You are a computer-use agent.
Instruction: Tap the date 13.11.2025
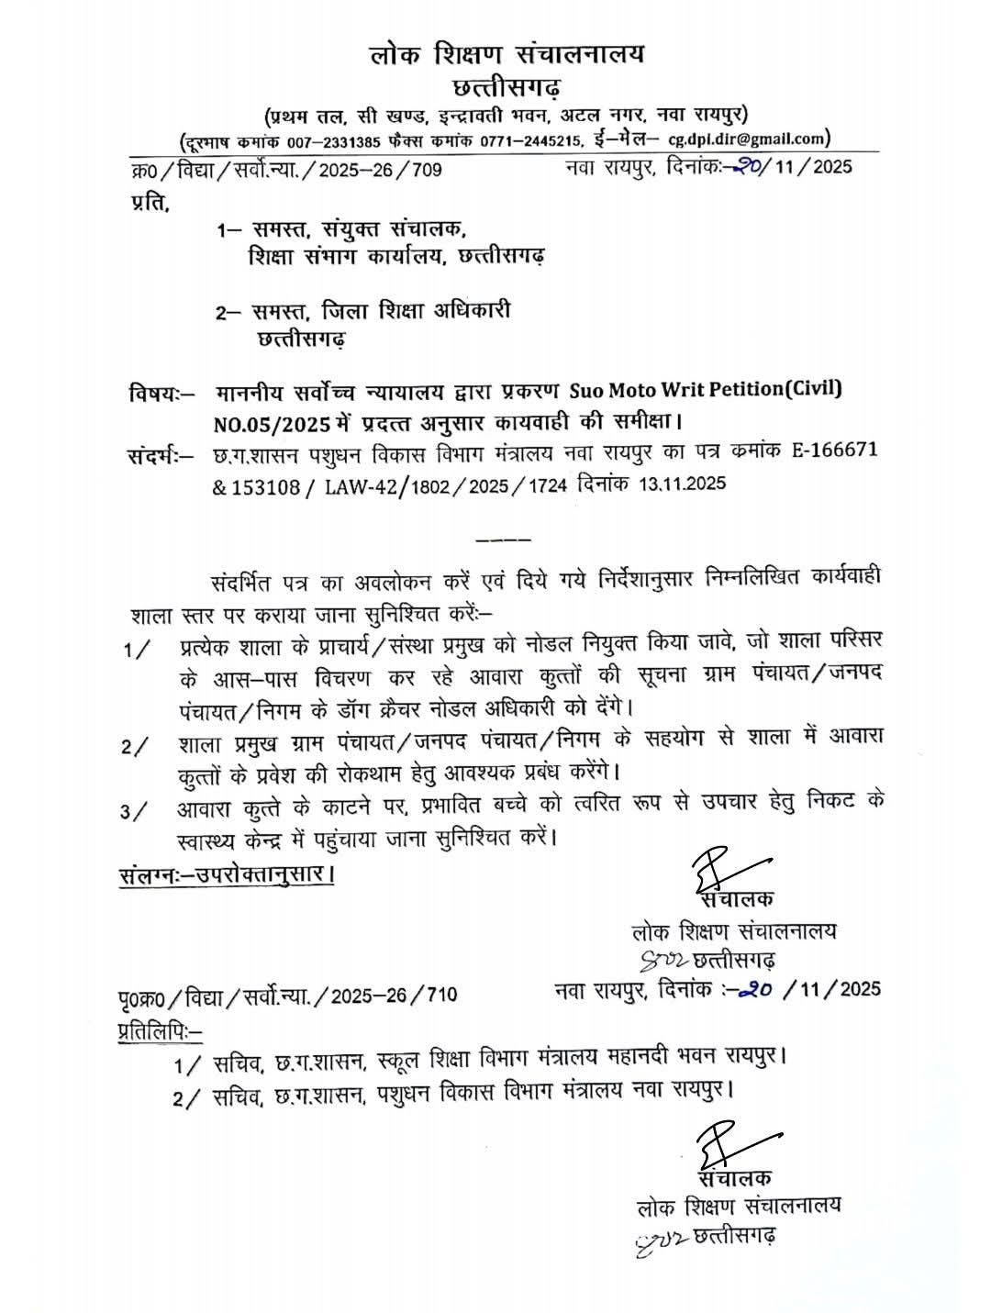677,484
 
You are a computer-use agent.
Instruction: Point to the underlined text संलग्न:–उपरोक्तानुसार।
226,873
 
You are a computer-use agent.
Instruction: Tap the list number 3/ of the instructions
135,812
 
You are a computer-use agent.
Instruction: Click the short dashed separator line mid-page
504,538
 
